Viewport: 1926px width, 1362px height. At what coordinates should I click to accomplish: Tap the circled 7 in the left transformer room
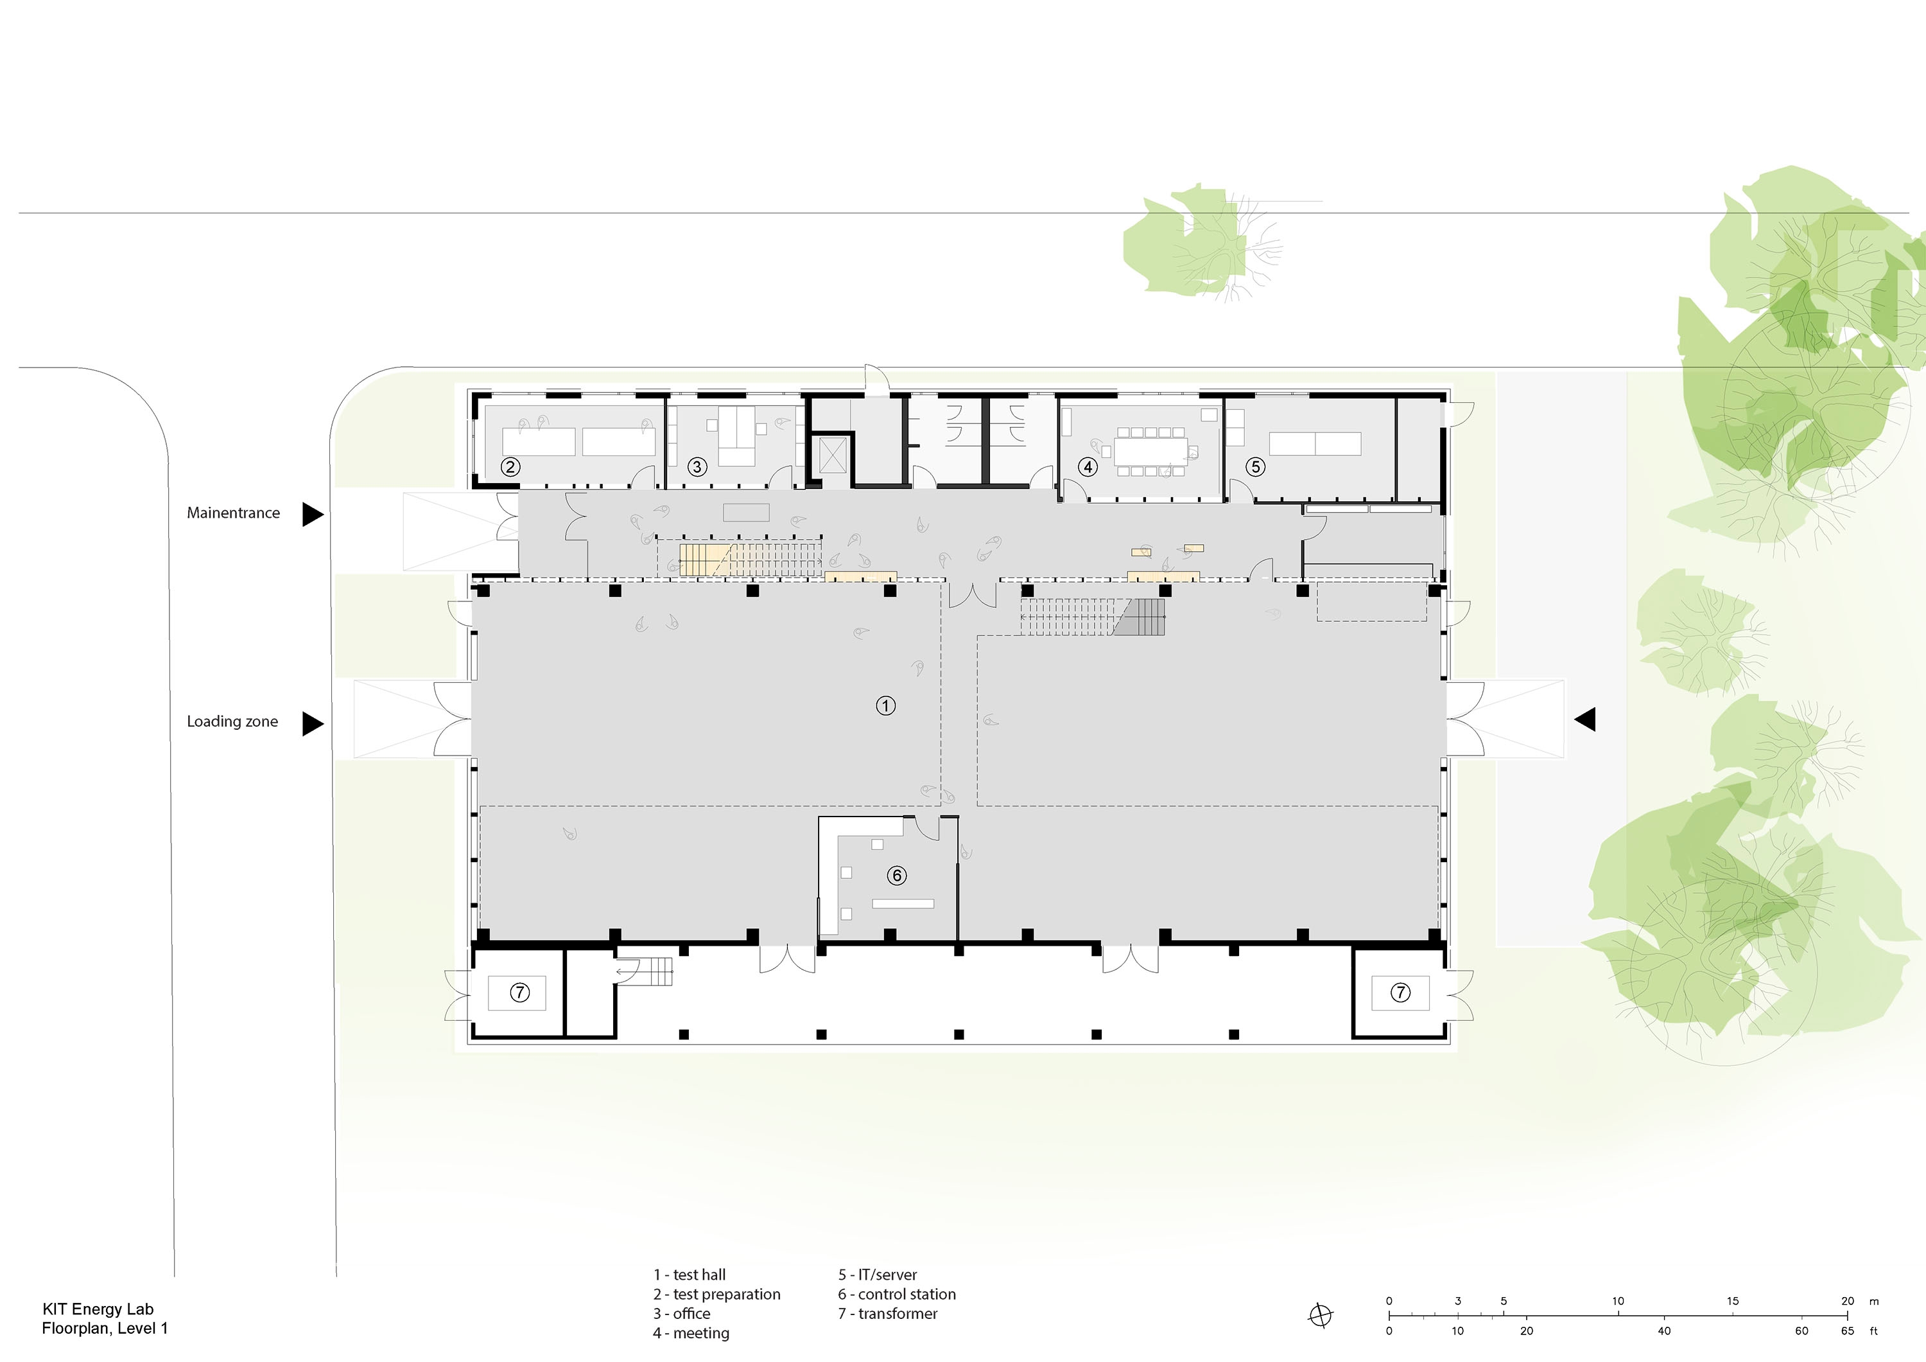pos(520,993)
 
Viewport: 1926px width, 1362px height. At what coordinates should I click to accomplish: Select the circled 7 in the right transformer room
pos(1400,993)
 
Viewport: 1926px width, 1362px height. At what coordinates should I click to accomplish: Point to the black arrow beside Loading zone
pos(313,723)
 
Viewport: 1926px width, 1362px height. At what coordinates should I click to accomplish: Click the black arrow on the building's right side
pos(1584,719)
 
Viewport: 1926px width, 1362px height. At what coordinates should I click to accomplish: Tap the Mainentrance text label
pos(233,513)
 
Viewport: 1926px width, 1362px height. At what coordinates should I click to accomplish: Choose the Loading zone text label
pos(232,721)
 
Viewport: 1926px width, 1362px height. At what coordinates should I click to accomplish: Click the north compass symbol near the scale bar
pos(1321,1315)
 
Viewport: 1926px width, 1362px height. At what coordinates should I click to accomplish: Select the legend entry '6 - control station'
pos(897,1294)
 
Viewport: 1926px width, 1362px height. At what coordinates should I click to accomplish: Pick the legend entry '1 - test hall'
pos(690,1275)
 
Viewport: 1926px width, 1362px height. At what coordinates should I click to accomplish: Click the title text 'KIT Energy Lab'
pos(98,1309)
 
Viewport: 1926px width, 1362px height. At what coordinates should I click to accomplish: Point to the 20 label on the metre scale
pos(1848,1301)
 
